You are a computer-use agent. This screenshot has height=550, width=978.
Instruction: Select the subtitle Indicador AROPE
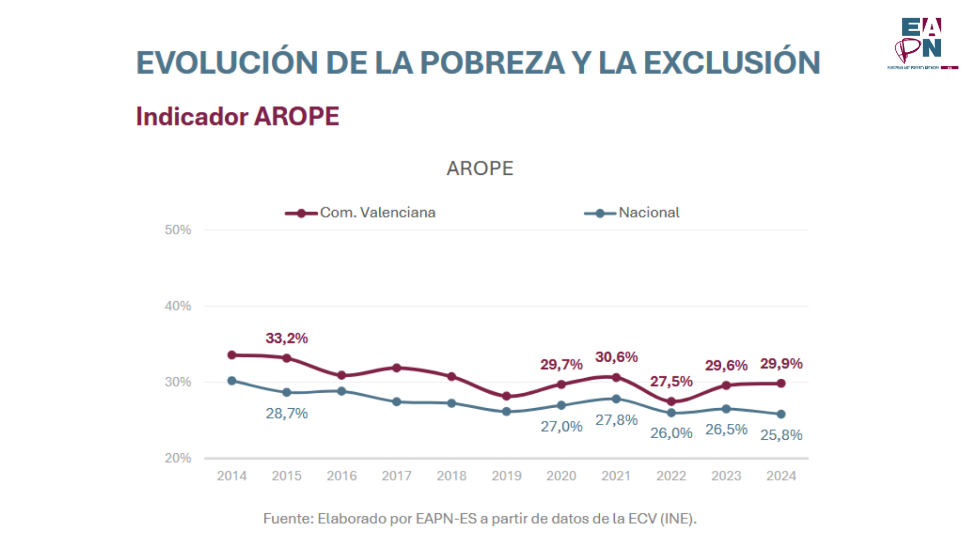tap(238, 116)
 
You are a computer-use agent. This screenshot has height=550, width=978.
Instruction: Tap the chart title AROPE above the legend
tap(480, 169)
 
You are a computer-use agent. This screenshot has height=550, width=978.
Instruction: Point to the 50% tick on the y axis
tap(178, 230)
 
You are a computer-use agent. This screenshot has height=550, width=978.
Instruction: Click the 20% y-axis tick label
tap(178, 458)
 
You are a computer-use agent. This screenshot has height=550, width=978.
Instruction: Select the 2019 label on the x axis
tap(506, 476)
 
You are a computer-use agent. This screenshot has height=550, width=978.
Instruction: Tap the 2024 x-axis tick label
tap(781, 476)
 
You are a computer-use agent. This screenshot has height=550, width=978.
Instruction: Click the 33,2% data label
tap(287, 338)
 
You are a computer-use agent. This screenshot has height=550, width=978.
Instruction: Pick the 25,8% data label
tap(781, 435)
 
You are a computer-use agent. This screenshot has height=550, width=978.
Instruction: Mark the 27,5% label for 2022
tap(671, 382)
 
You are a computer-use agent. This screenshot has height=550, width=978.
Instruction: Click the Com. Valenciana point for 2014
tap(232, 355)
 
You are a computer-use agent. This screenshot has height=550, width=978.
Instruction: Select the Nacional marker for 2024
tap(781, 414)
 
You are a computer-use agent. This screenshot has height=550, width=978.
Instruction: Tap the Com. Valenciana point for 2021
tap(616, 377)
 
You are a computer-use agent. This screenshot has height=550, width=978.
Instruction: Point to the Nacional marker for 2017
tap(396, 402)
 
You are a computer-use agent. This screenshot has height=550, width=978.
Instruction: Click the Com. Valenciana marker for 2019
tap(507, 396)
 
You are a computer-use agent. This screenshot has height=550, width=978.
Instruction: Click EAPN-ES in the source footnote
tap(446, 518)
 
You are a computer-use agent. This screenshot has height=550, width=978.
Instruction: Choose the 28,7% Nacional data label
tap(287, 413)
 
